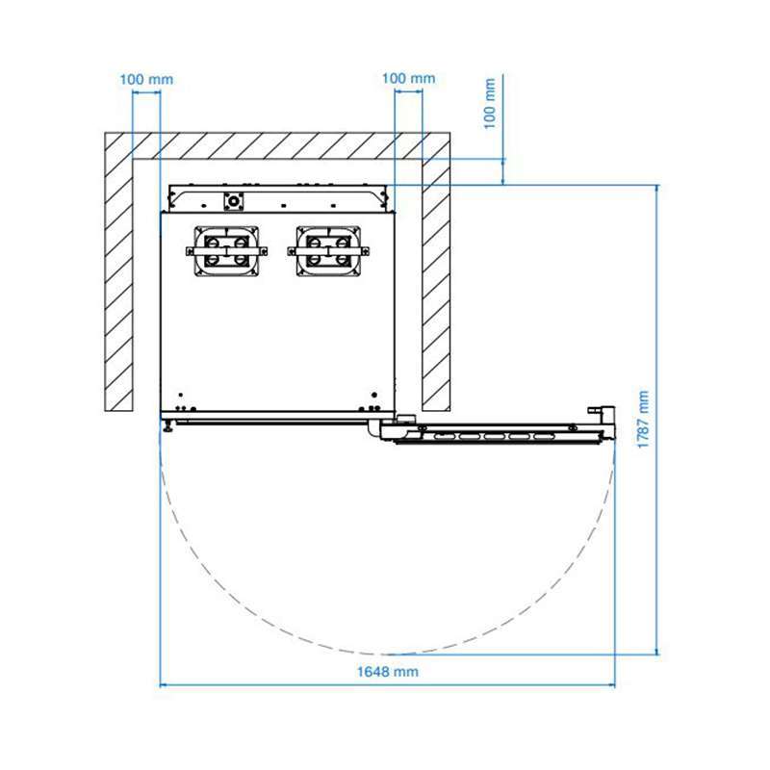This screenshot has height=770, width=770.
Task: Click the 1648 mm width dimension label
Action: click(x=388, y=671)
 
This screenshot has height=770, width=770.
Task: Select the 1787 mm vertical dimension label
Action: click(x=643, y=419)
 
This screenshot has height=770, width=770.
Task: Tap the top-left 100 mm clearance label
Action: click(x=146, y=80)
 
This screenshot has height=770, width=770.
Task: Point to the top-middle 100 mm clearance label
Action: click(x=408, y=79)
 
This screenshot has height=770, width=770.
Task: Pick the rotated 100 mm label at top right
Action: click(x=490, y=104)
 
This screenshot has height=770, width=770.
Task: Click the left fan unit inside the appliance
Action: click(x=226, y=251)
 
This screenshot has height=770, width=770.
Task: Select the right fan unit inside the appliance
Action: click(x=328, y=251)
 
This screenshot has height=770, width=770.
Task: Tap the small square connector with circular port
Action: click(x=233, y=201)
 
